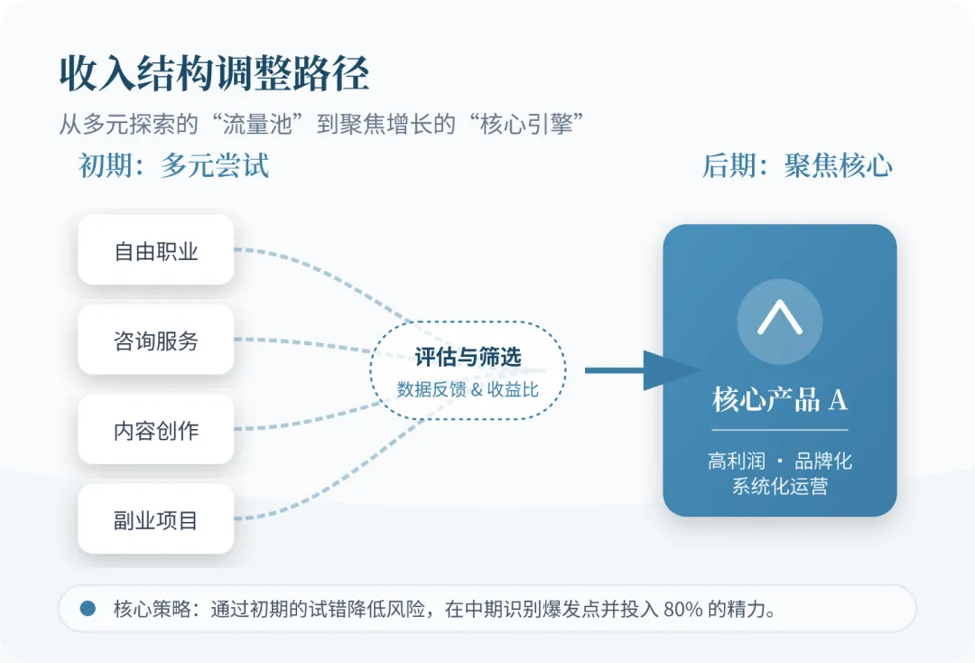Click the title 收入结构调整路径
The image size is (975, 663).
click(214, 74)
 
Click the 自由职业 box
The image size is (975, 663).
click(156, 250)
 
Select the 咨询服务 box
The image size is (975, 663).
click(156, 341)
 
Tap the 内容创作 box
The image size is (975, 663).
click(156, 430)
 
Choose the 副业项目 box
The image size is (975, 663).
click(156, 520)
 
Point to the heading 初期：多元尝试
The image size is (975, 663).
click(173, 166)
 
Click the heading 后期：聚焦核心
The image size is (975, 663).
click(797, 166)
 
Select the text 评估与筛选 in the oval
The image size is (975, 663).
click(468, 357)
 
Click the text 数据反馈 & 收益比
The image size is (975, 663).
click(468, 390)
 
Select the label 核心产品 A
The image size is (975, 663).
click(779, 399)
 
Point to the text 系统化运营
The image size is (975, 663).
click(779, 487)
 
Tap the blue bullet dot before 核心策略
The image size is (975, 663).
click(88, 608)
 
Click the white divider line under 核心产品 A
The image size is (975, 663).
click(779, 430)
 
